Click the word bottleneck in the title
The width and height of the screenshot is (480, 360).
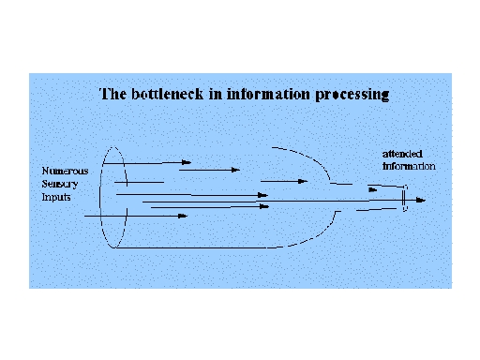(167, 94)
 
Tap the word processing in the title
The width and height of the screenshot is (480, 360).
(352, 95)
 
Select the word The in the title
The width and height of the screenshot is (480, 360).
(112, 94)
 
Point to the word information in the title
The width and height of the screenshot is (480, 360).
(268, 94)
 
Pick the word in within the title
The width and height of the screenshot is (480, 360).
(216, 94)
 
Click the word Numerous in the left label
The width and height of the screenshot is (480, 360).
(65, 171)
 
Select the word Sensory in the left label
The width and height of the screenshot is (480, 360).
(60, 184)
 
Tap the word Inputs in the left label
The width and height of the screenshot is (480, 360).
(56, 197)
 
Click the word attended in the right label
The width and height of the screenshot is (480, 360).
(402, 154)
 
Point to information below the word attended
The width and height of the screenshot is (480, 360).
(409, 166)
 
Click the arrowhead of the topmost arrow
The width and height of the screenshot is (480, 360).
(187, 162)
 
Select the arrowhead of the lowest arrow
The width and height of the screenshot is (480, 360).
(183, 216)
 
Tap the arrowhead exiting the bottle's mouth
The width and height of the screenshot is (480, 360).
(421, 200)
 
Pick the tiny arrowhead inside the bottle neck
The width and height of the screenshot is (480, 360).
(373, 189)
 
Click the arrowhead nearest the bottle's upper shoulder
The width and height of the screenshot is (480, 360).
(303, 181)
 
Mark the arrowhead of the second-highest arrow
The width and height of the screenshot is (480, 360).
(235, 170)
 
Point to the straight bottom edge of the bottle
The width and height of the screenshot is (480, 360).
(190, 248)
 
